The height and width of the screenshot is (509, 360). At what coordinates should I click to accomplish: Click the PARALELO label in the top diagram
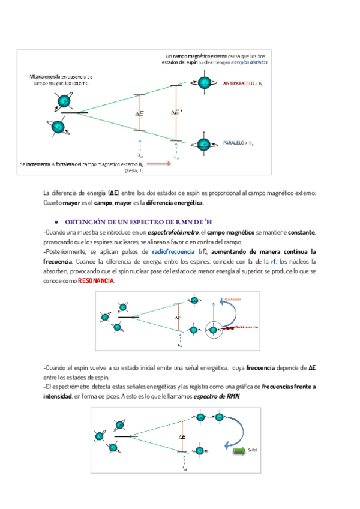[x=234, y=143]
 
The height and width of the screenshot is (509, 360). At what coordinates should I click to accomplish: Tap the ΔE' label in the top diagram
[x=176, y=112]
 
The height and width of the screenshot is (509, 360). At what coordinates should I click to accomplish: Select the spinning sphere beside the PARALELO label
[x=204, y=143]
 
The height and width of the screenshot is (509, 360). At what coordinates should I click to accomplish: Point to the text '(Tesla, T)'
[x=134, y=170]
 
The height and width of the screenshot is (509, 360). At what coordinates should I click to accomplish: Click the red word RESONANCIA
[x=95, y=281]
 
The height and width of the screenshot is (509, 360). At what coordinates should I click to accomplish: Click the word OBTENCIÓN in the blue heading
[x=85, y=221]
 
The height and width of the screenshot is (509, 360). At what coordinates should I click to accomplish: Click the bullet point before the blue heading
[x=55, y=221]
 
